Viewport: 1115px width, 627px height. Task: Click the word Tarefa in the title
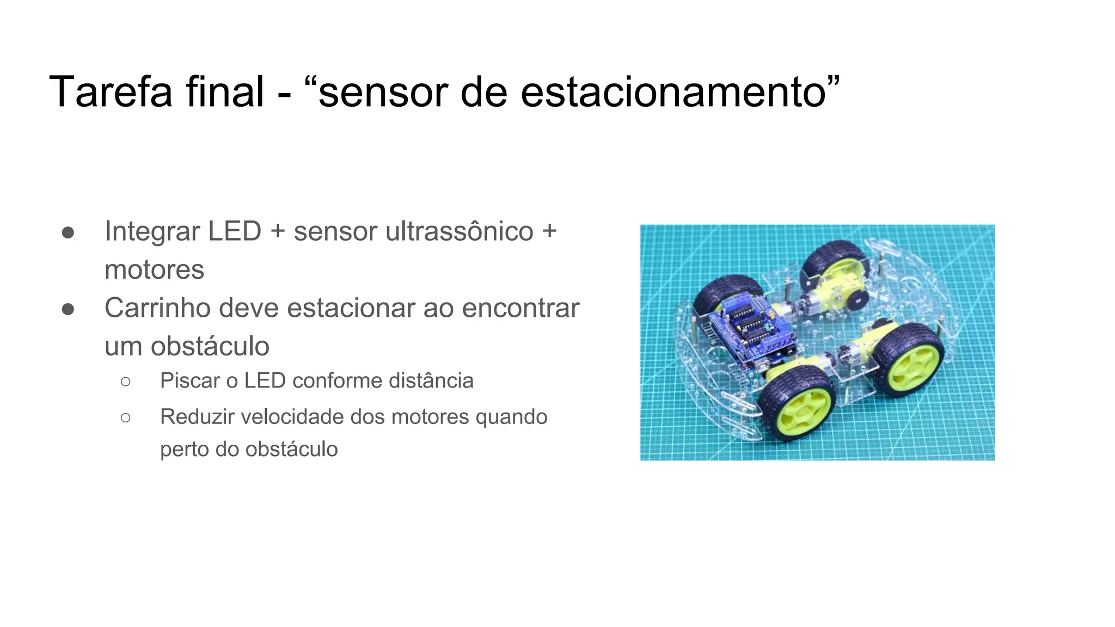tap(111, 91)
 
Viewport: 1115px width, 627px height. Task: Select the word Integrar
tap(152, 231)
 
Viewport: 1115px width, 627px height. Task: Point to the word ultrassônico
tap(459, 231)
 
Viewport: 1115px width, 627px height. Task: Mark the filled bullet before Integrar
tap(68, 233)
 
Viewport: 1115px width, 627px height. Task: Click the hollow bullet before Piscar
tap(126, 382)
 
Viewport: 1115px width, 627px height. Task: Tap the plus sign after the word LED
tap(278, 231)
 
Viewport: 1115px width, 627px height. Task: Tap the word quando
tap(511, 417)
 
